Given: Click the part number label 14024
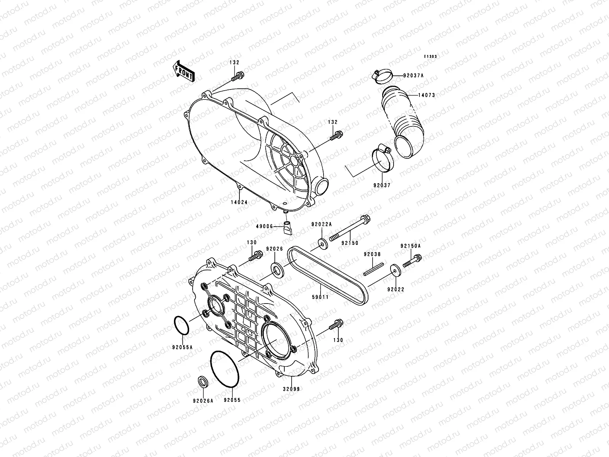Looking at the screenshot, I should coord(238,202).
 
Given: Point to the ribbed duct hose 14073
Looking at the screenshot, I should coord(396,118).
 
